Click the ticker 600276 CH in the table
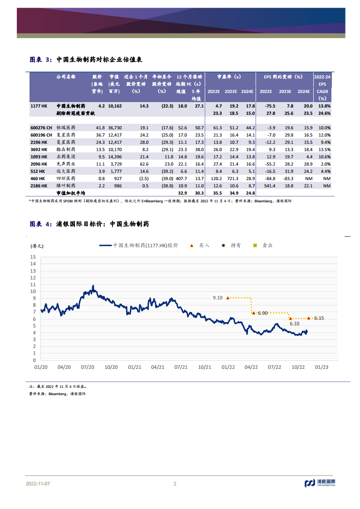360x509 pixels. (x=41, y=128)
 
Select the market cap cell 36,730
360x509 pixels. (x=115, y=128)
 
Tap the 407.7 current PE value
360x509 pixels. (x=181, y=179)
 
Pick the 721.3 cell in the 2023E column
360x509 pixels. (x=232, y=179)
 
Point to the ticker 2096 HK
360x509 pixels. (x=39, y=164)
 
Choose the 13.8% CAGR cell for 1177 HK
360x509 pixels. (x=325, y=106)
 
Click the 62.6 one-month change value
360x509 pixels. (x=144, y=164)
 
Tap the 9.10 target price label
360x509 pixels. (x=218, y=298)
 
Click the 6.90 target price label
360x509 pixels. (x=263, y=313)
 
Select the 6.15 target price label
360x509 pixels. (x=319, y=318)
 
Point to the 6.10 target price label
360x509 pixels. (x=295, y=323)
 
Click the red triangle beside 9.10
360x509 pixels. (x=228, y=298)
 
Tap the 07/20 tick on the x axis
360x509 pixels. (x=88, y=367)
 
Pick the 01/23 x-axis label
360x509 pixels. (x=322, y=367)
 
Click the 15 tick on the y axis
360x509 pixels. (x=33, y=257)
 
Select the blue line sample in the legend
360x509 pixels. (x=106, y=245)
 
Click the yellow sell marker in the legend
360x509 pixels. (x=255, y=245)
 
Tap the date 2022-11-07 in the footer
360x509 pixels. (x=38, y=484)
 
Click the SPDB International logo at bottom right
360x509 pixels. (x=320, y=483)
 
